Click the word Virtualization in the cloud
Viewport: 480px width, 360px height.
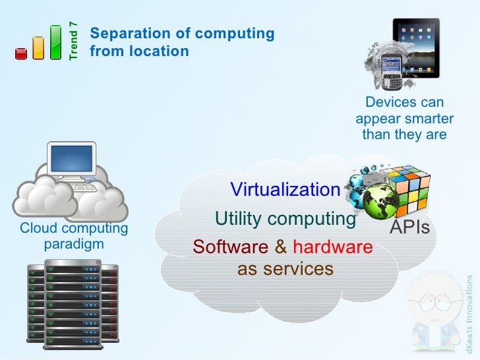[285, 190]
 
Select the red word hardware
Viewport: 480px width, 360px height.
[332, 247]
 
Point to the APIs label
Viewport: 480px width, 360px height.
[409, 228]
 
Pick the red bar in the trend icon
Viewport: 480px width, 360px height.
[21, 53]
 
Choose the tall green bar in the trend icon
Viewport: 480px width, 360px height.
[56, 42]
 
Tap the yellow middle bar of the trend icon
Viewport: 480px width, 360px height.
[38, 47]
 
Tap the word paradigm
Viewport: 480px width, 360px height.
[74, 245]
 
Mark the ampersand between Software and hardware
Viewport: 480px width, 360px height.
[281, 247]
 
